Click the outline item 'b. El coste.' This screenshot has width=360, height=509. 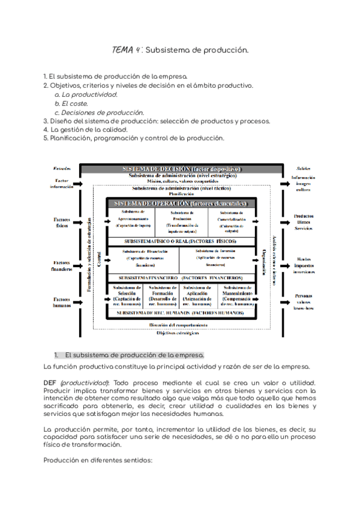pos(71,103)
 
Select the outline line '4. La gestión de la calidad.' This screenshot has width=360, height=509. pos(85,129)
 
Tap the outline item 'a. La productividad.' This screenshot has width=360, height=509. pos(86,94)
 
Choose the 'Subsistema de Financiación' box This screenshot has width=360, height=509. pos(142,258)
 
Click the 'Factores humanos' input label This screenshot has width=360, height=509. pos(62,302)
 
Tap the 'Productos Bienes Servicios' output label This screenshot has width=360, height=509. pos(303,221)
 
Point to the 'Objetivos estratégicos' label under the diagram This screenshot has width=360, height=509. pos(179,333)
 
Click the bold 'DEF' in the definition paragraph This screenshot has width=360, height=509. pos(50,382)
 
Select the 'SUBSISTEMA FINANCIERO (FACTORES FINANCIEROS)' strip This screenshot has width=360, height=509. pos(181,278)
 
